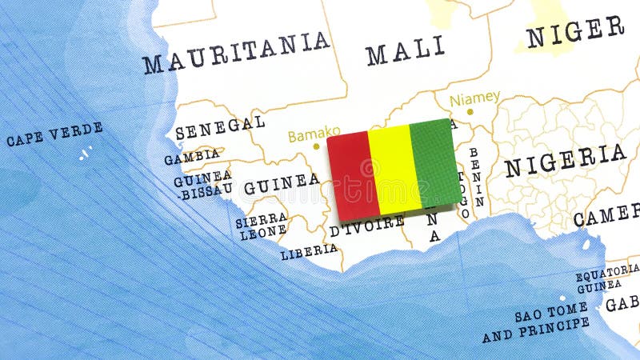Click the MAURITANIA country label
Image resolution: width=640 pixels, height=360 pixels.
click(x=236, y=52)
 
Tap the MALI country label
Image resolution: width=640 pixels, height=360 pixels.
click(x=405, y=50)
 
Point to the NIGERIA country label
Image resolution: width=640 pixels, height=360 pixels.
click(x=565, y=160)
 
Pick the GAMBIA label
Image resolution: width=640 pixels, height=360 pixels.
click(x=192, y=156)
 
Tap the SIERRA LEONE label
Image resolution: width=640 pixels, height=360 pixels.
click(x=261, y=225)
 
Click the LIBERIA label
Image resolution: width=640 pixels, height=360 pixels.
click(x=309, y=251)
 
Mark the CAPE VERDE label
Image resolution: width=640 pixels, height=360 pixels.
click(x=54, y=134)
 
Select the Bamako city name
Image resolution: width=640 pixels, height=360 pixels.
click(x=314, y=134)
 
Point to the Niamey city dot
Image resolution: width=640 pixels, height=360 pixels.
click(x=470, y=111)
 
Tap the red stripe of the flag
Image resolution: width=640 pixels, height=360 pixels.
click(x=352, y=175)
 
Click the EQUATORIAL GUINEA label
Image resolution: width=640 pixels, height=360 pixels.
click(x=606, y=278)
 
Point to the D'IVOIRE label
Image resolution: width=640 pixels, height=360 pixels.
click(x=367, y=226)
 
